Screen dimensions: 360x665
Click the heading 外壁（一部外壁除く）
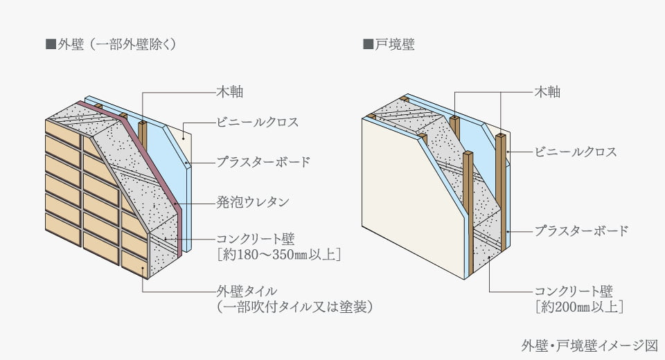point(116,45)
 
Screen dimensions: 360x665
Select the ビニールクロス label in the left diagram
point(256,123)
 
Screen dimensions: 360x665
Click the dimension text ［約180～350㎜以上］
point(278,255)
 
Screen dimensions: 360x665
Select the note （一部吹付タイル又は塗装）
point(294,306)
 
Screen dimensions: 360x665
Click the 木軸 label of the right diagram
point(547,91)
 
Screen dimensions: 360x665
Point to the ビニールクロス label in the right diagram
point(574,152)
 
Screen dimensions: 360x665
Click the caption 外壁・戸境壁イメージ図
point(589,344)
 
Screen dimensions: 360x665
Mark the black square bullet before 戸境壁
point(368,45)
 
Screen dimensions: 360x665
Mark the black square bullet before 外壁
point(50,45)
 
